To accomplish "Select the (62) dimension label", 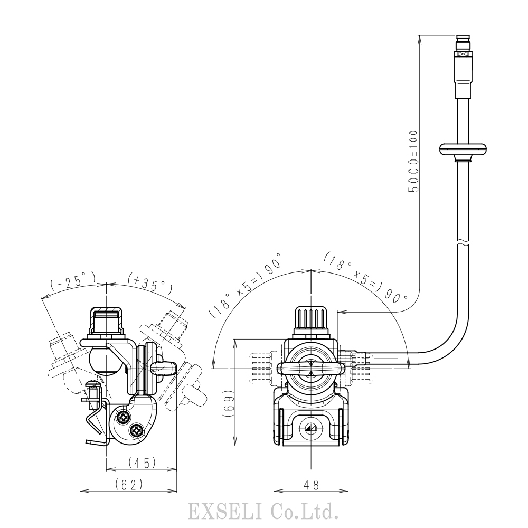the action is tap(129, 485).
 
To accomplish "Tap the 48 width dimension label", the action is tap(311, 485).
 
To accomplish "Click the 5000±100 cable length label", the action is tap(413, 161).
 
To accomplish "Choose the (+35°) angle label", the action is tap(150, 283).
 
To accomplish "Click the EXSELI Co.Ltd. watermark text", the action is tap(263, 511).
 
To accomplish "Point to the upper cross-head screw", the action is tap(122, 417).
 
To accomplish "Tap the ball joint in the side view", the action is tap(104, 361).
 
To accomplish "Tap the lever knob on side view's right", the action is tap(164, 369).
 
